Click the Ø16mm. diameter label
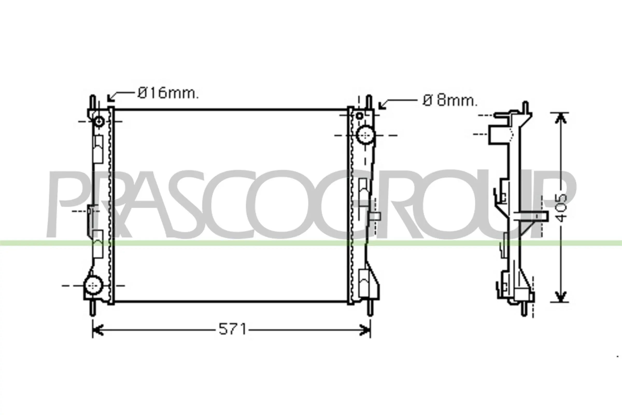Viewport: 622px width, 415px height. (x=168, y=93)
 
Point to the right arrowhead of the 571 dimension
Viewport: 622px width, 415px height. (x=365, y=330)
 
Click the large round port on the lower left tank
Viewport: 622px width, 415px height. (x=93, y=285)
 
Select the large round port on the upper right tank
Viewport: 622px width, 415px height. (x=365, y=135)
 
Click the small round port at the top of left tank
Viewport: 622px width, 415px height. (x=100, y=121)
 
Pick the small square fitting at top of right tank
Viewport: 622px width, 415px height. (x=359, y=116)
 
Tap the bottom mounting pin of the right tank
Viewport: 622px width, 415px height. (x=370, y=309)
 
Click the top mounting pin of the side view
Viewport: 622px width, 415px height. (x=526, y=107)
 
